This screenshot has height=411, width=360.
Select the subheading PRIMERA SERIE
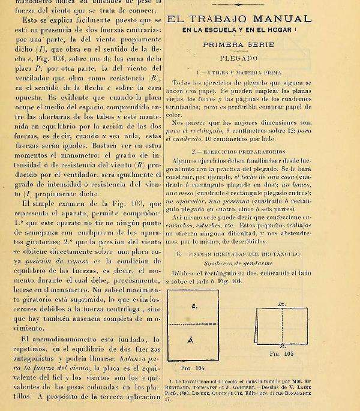coord(238,44)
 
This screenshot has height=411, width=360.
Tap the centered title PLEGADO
coord(238,58)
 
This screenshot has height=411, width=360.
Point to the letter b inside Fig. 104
coord(190,339)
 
